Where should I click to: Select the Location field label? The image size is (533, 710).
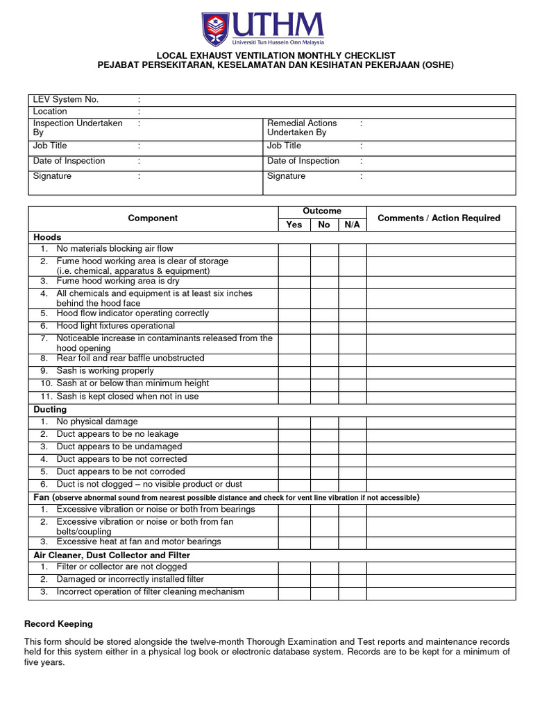pyautogui.click(x=50, y=112)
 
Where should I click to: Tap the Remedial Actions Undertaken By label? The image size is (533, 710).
pyautogui.click(x=302, y=128)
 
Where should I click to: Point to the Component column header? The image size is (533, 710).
pyautogui.click(x=153, y=218)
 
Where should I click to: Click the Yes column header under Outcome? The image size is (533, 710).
pyautogui.click(x=294, y=225)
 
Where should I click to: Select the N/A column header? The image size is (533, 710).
pyautogui.click(x=353, y=225)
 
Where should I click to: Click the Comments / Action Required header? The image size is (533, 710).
pyautogui.click(x=439, y=218)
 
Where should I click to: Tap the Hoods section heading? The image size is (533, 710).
pyautogui.click(x=47, y=237)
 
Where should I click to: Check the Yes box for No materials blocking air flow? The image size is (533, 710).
pyautogui.click(x=294, y=250)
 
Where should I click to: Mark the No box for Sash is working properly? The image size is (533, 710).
pyautogui.click(x=324, y=372)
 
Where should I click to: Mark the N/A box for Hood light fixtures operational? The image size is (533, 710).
pyautogui.click(x=353, y=327)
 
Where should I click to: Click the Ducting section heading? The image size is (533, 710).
pyautogui.click(x=50, y=410)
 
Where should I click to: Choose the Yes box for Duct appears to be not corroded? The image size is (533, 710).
pyautogui.click(x=294, y=472)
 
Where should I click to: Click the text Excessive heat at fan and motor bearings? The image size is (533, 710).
pyautogui.click(x=139, y=542)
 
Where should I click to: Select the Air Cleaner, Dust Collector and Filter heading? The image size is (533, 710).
pyautogui.click(x=112, y=555)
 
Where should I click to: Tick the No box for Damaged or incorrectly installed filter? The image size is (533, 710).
pyautogui.click(x=324, y=580)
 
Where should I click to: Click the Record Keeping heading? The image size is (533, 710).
pyautogui.click(x=58, y=624)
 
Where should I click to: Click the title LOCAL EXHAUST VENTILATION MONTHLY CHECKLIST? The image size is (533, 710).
pyautogui.click(x=276, y=55)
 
